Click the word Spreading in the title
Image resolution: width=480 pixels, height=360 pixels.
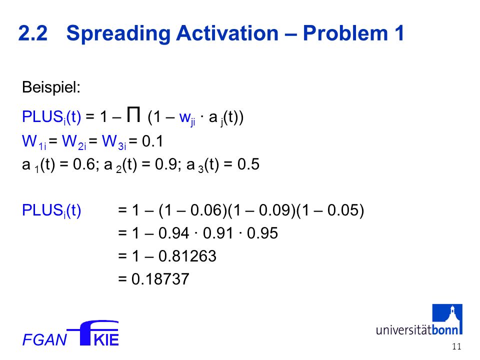118,34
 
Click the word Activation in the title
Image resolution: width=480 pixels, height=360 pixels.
227,33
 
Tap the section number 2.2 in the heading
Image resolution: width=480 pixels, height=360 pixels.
33,33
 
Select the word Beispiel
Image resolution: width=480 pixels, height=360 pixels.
51,87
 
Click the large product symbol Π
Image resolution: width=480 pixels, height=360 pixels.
134,114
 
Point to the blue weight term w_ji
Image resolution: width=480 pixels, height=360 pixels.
187,118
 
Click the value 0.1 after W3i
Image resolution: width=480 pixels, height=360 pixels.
152,141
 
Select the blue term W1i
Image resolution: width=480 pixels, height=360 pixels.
34,142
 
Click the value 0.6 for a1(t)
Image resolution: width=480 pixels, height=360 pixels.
84,164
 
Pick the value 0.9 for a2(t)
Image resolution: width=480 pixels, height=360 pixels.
166,164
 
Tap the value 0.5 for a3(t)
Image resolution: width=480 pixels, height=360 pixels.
248,164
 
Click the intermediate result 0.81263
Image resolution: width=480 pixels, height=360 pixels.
187,256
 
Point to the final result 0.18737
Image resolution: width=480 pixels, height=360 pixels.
160,279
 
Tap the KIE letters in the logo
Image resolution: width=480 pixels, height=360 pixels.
106,340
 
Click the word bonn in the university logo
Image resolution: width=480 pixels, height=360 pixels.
445,330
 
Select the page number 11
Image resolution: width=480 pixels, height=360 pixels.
456,346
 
